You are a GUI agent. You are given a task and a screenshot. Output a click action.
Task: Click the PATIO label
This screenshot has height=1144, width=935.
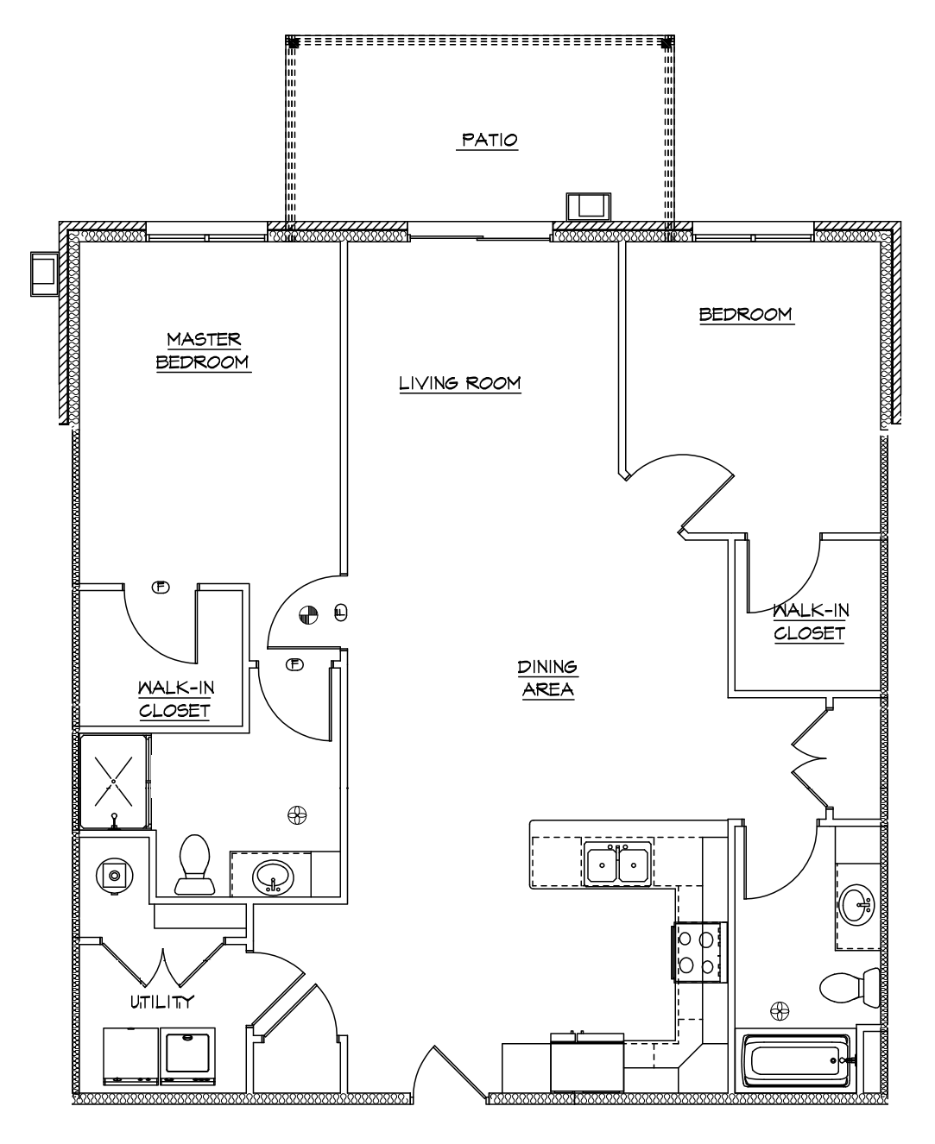coord(488,140)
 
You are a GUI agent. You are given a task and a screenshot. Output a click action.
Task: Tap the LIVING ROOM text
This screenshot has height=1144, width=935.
coord(459,383)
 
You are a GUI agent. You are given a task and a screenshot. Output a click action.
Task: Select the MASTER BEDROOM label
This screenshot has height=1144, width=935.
coord(204,350)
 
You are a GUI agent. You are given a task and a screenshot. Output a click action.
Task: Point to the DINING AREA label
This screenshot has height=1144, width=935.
coord(547,678)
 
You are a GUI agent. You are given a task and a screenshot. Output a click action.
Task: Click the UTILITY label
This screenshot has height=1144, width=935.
coord(161,1002)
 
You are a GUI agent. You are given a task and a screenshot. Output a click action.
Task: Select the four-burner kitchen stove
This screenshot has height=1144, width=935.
coord(698,952)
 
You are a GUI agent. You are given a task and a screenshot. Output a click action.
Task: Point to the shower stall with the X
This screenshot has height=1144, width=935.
coord(113,781)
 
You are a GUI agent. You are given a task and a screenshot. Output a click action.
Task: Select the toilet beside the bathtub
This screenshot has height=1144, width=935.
coord(848,987)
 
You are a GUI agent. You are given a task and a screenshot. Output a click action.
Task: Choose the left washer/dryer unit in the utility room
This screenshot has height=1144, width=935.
coord(130,1056)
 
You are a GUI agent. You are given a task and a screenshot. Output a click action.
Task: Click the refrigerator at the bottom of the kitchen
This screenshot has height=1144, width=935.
coord(587,1064)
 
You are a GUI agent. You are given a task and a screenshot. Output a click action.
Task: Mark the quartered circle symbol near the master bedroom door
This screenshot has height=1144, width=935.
coord(306,614)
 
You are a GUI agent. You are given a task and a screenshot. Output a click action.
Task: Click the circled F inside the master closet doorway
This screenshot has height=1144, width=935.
coord(160,588)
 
